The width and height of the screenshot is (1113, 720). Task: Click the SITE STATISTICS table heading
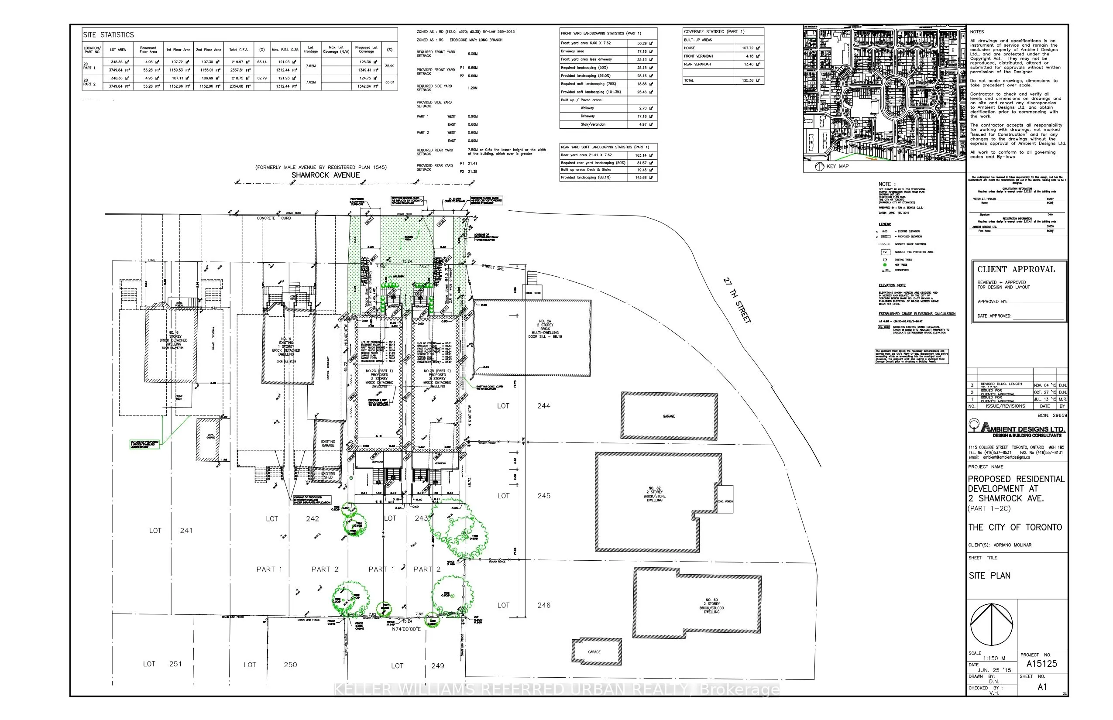coord(109,35)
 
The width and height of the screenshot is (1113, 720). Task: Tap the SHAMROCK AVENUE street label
coord(326,175)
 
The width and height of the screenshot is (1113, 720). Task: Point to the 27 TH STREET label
coord(737,300)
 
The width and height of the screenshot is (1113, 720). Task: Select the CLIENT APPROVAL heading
coord(1016,270)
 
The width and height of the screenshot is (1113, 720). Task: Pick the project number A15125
coord(1041,664)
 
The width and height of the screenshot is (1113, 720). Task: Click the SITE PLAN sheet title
coord(989,576)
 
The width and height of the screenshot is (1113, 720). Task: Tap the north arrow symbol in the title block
coord(991,624)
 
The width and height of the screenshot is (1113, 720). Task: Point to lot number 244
coord(543,406)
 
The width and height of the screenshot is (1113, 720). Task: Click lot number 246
coord(543,605)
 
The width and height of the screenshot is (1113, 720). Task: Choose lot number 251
coord(175,664)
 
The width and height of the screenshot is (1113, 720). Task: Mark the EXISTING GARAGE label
coord(328,443)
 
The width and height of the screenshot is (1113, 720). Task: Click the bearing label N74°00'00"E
coord(406,629)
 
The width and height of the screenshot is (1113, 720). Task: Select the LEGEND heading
coord(885,224)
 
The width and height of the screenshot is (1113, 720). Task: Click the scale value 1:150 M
coord(994,658)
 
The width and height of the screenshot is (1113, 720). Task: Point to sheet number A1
coord(1042,687)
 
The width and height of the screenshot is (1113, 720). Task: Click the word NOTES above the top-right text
coord(977,32)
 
